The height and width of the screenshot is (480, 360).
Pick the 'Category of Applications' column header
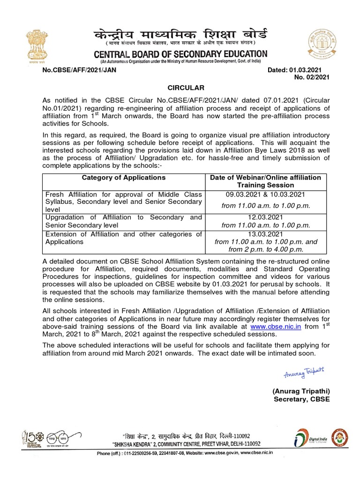coord(123,178)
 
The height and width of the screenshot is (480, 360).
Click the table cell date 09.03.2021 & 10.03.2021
coord(266,195)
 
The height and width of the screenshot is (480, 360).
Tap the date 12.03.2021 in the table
coord(266,217)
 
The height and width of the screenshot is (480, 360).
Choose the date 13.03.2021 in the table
coord(266,234)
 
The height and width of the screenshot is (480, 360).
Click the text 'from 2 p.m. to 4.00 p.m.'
coord(266,249)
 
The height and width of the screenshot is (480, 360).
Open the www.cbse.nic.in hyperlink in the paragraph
coord(275,326)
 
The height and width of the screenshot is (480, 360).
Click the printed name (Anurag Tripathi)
coord(301,391)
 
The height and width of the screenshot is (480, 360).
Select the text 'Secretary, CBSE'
coord(302,399)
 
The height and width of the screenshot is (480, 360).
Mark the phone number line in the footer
coord(185,453)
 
